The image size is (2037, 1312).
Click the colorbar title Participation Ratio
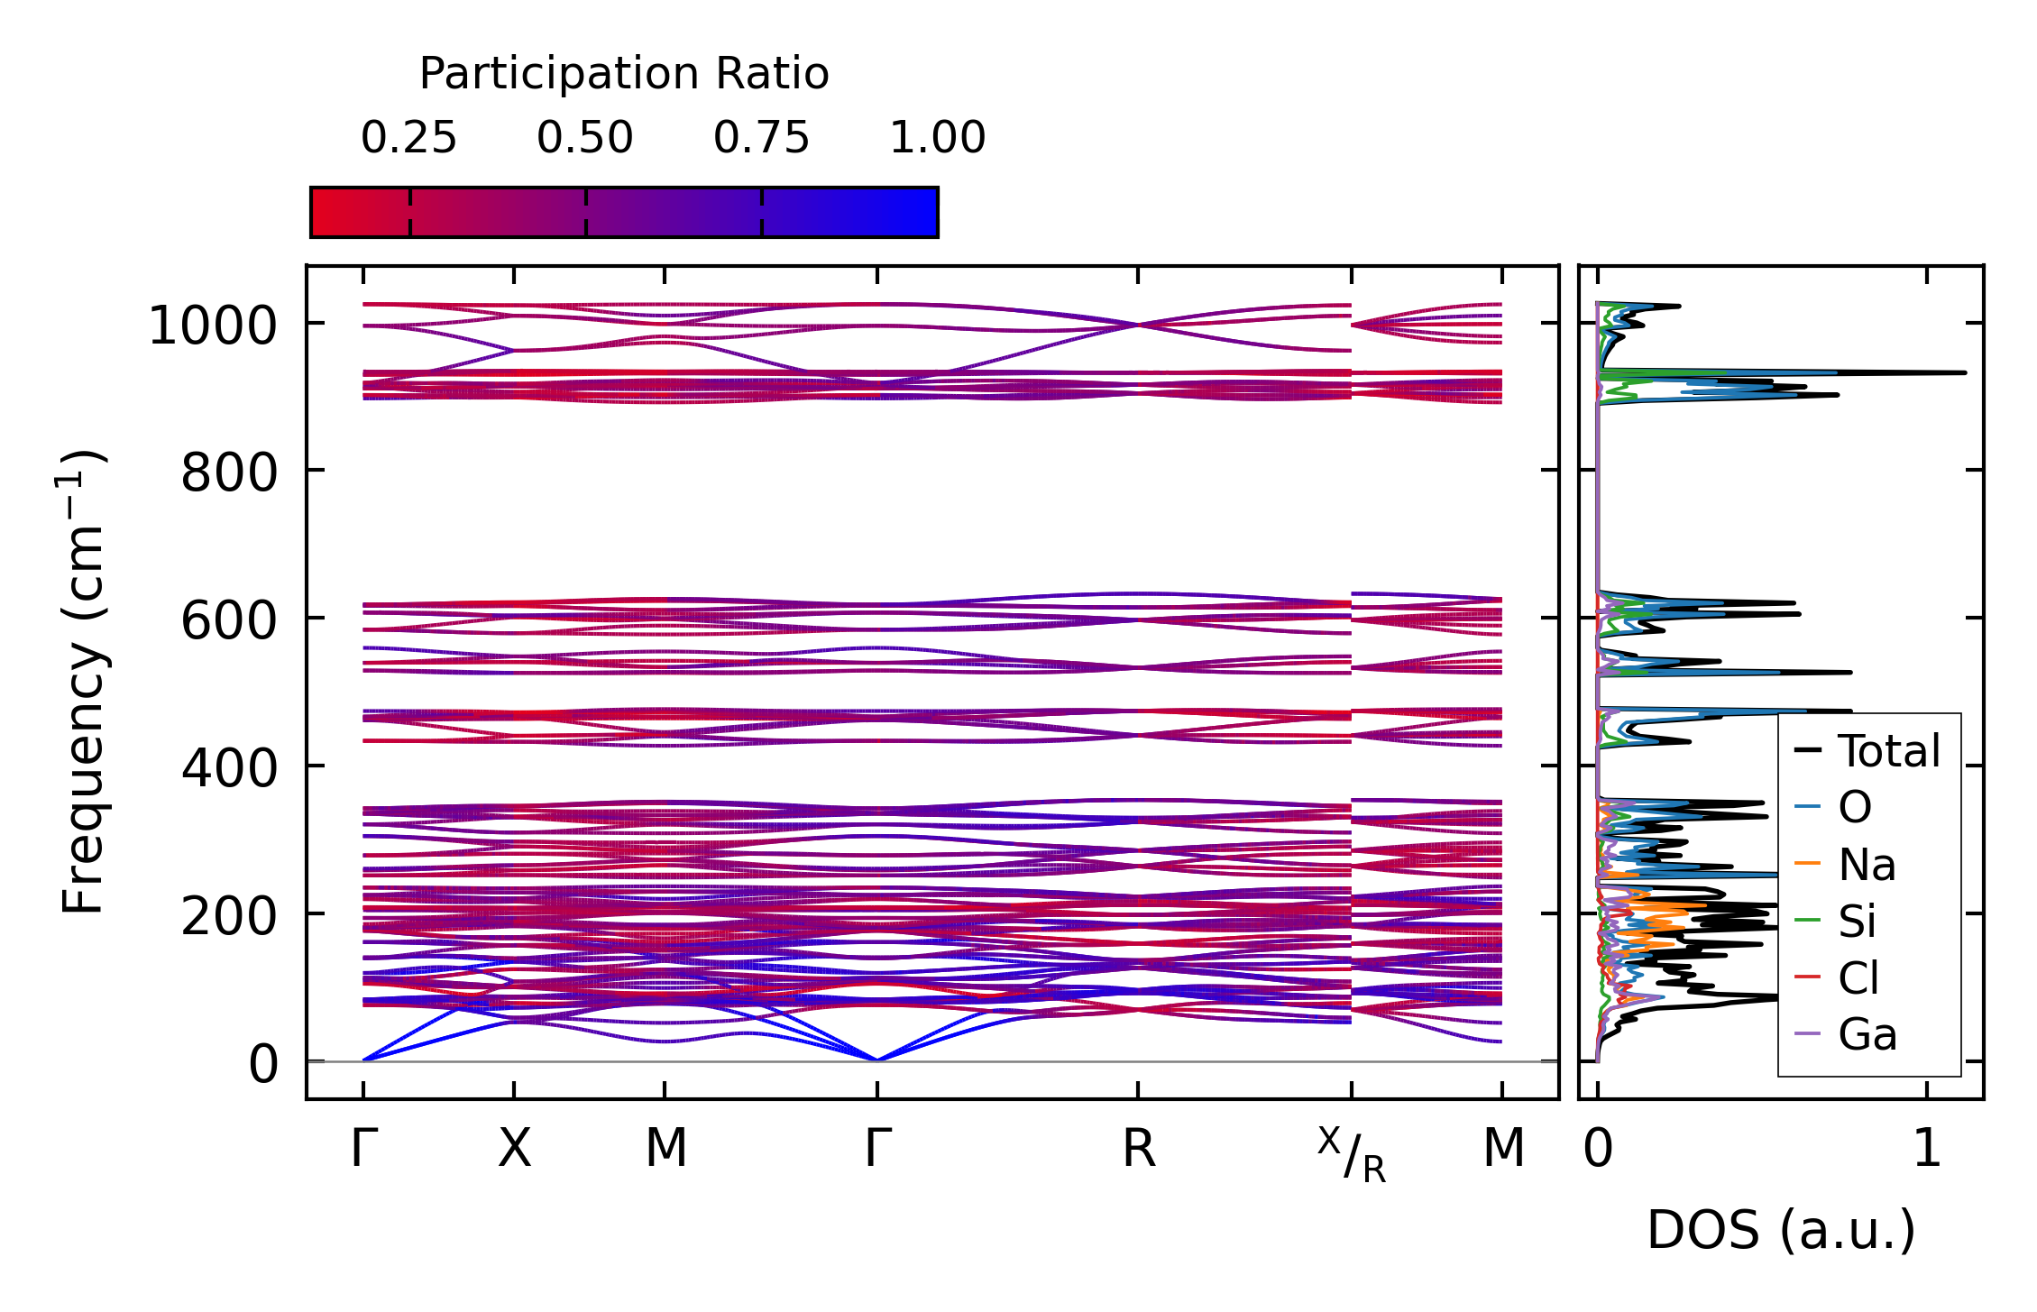[x=624, y=74]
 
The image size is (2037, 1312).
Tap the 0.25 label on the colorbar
[x=408, y=138]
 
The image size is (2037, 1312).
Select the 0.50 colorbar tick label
[x=585, y=138]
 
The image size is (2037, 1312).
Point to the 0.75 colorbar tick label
[x=761, y=138]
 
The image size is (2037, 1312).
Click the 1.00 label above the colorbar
[x=938, y=138]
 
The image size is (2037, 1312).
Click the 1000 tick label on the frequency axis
[x=213, y=326]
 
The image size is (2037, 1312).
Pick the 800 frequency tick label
[x=229, y=473]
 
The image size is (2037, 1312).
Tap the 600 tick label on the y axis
[x=229, y=620]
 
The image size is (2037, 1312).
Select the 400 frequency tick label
[x=229, y=768]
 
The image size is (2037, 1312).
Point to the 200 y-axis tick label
[x=229, y=916]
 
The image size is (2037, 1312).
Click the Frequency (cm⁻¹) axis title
[x=83, y=682]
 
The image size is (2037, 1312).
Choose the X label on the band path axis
[x=514, y=1150]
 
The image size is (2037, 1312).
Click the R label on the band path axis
[x=1138, y=1150]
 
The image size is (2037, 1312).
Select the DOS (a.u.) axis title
[x=1781, y=1230]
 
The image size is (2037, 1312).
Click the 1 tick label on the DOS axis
[x=1927, y=1150]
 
